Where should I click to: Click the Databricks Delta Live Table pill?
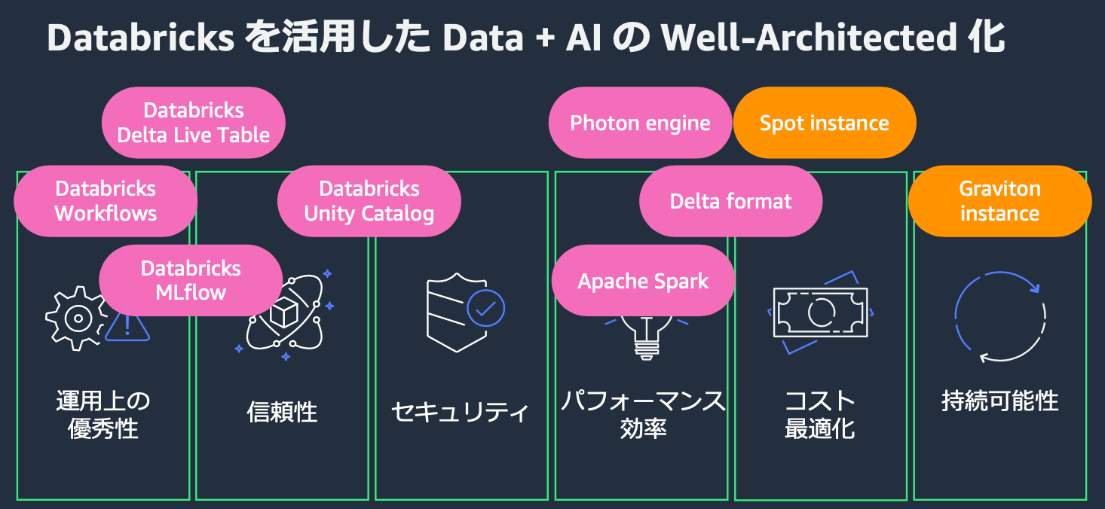(x=194, y=123)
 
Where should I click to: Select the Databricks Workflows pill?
(x=106, y=201)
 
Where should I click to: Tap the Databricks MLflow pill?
(x=191, y=280)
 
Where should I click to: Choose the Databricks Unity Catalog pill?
(x=369, y=201)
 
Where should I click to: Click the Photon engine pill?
(x=640, y=123)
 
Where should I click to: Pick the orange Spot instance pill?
(x=825, y=123)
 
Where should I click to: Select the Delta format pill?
(x=730, y=201)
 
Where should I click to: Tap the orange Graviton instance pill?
(x=999, y=201)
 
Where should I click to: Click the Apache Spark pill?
(x=643, y=281)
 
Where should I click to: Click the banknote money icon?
(x=820, y=312)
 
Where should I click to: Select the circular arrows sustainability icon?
(x=999, y=316)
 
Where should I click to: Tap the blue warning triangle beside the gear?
(x=127, y=326)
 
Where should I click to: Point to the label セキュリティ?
(x=461, y=412)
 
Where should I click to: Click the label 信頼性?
(x=282, y=412)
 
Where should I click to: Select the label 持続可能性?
(x=999, y=401)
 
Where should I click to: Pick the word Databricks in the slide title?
(x=141, y=38)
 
